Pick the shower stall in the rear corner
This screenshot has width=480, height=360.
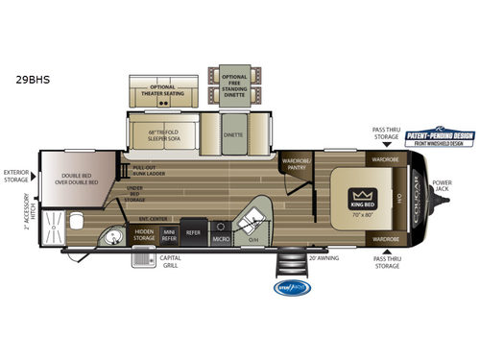[x=54, y=229]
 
